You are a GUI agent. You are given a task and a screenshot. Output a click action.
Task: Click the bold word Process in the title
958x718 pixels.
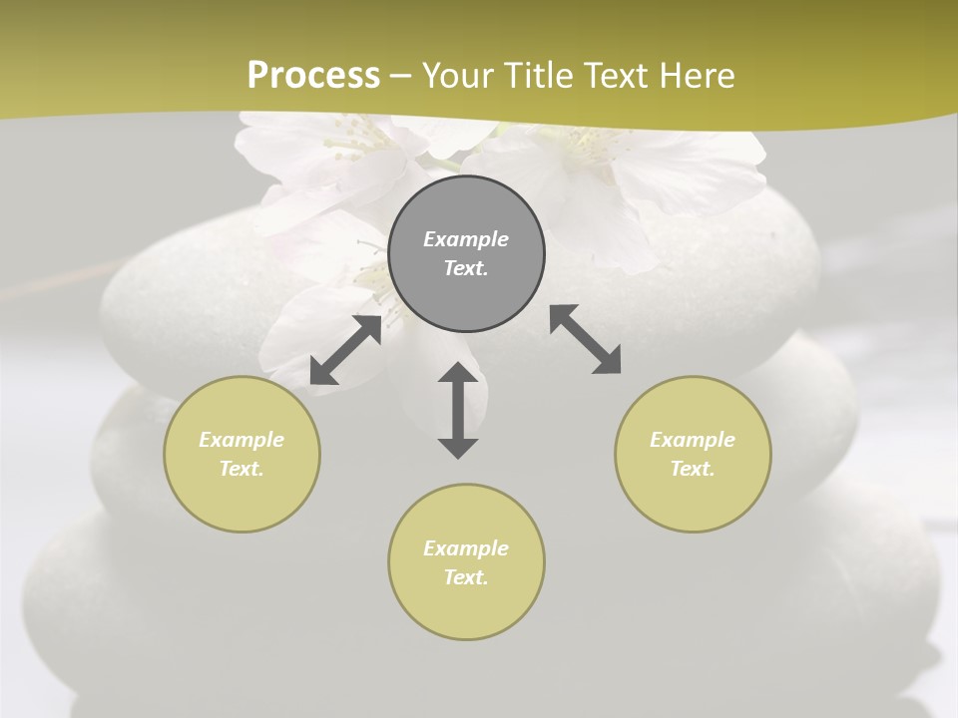click(x=313, y=76)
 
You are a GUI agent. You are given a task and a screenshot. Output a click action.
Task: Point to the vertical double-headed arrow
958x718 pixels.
click(x=458, y=410)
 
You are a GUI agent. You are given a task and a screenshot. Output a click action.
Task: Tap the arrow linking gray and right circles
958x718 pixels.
click(x=586, y=339)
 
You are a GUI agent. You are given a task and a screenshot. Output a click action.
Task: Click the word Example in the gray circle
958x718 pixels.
click(x=466, y=239)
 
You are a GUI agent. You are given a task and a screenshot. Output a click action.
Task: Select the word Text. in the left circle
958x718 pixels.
click(x=241, y=469)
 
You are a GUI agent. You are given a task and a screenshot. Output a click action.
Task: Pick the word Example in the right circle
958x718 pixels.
click(x=693, y=440)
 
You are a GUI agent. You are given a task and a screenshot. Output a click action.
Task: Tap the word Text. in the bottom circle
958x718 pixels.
click(x=466, y=577)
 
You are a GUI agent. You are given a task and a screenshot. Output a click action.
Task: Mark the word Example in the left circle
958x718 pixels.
click(x=241, y=440)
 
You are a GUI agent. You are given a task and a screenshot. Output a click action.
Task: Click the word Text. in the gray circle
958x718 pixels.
click(x=466, y=268)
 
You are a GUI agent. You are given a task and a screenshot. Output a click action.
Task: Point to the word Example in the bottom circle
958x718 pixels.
click(x=466, y=548)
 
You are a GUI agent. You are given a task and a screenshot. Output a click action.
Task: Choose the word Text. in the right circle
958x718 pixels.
click(x=693, y=469)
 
